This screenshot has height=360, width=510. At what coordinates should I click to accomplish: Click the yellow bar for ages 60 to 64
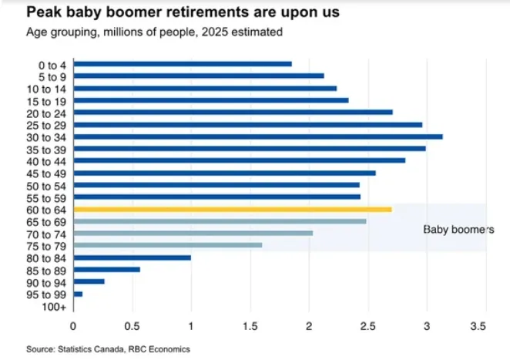[232, 209]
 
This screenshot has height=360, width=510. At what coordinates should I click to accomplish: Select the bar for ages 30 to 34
[257, 136]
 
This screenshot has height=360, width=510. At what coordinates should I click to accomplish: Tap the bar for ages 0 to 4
[182, 64]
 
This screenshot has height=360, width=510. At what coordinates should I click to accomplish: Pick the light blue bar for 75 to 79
[167, 245]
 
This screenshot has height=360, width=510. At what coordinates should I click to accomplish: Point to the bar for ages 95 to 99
[77, 294]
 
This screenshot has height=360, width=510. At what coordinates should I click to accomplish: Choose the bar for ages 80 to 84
[132, 257]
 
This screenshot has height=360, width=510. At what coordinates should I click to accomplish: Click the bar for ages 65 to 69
[220, 221]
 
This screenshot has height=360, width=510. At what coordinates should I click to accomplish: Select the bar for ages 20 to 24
[233, 112]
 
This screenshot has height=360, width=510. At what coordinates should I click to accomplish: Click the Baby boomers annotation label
[459, 229]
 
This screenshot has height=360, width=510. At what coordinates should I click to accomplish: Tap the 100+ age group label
[54, 306]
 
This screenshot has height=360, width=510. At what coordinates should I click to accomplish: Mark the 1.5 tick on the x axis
[250, 326]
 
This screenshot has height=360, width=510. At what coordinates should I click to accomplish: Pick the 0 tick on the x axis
[73, 326]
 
